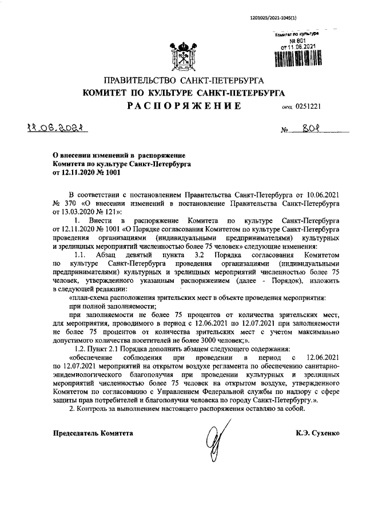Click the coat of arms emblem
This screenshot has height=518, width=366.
pos(183,55)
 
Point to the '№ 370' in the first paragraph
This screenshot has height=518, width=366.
pos(64,203)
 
